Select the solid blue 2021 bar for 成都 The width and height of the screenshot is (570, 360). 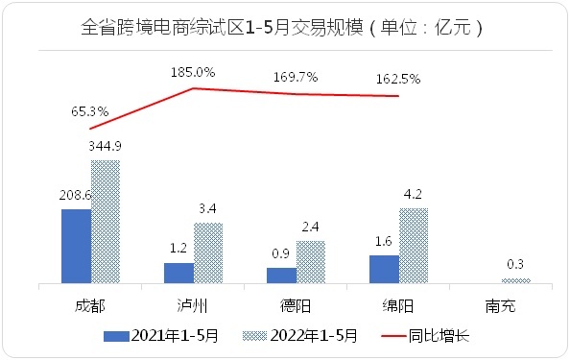click(x=76, y=246)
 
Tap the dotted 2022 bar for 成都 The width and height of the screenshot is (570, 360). click(x=106, y=222)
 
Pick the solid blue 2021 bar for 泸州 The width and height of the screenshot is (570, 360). click(x=178, y=273)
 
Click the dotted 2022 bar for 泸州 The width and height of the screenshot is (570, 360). click(x=208, y=253)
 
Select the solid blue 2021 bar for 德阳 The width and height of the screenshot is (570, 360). click(x=281, y=276)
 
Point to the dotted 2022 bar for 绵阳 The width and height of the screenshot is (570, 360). click(x=414, y=246)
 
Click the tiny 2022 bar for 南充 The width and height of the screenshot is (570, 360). click(x=516, y=280)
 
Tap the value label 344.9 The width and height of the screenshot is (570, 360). click(x=106, y=146)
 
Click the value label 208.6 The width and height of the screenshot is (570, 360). click(x=75, y=195)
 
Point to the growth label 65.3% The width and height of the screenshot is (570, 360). click(x=89, y=111)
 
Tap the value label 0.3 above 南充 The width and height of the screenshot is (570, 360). click(x=516, y=264)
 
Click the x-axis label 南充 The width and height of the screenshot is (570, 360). click(x=502, y=306)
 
